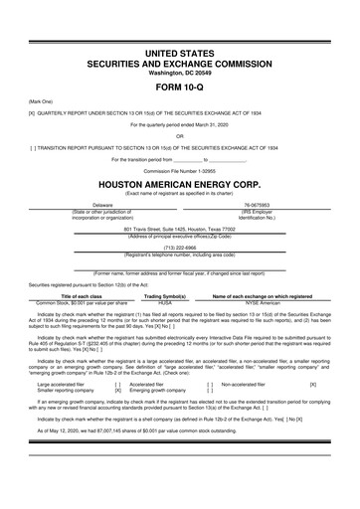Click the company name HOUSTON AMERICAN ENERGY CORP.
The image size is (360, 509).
point(180,185)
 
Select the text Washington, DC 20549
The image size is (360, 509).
point(180,71)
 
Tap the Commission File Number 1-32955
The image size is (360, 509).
point(180,170)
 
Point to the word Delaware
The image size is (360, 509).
point(94,205)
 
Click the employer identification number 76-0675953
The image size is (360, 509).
point(268,205)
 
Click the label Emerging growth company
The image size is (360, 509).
point(164,389)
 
